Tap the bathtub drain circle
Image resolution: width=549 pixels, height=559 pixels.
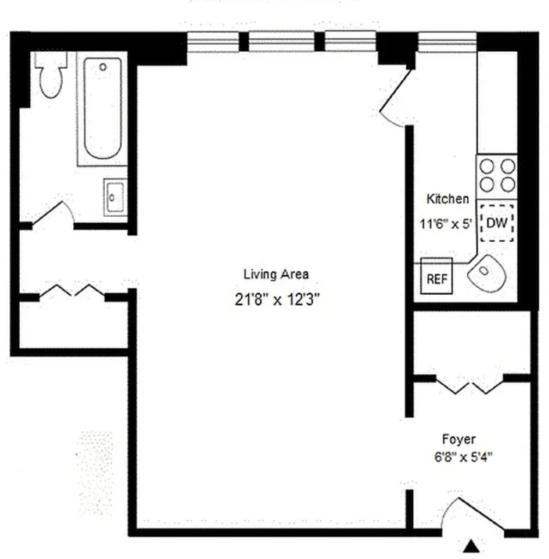[103, 67]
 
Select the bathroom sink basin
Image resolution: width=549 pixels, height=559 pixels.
[115, 197]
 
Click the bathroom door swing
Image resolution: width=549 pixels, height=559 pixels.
[53, 214]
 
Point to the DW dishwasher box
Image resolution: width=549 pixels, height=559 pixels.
[497, 223]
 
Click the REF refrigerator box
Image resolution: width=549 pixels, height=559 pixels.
[437, 276]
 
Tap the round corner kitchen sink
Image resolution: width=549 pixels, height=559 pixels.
[487, 273]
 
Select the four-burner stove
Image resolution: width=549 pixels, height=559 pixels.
[497, 176]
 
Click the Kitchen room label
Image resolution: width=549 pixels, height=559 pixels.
[447, 199]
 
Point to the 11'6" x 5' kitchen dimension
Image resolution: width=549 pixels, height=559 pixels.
[446, 224]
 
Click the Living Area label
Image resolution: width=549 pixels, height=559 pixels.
[276, 274]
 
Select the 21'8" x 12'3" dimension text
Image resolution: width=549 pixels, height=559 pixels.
[277, 300]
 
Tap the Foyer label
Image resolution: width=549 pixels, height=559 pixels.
[459, 439]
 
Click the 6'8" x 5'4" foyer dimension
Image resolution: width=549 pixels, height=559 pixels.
[463, 457]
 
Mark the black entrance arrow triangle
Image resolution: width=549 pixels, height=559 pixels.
[472, 546]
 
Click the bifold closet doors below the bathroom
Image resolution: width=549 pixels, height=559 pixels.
[71, 290]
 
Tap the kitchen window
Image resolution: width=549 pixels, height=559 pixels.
[447, 42]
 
